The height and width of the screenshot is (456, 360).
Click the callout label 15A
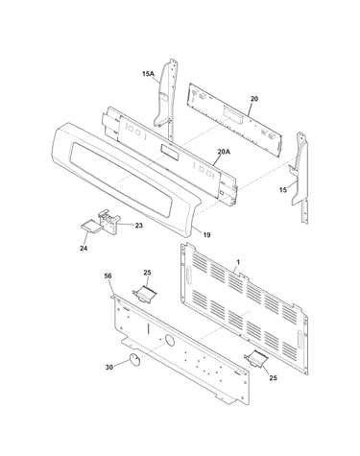(x=148, y=74)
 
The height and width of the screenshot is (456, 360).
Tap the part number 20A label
(x=224, y=152)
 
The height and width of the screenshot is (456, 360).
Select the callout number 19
(x=206, y=235)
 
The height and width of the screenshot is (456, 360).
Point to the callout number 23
(x=138, y=226)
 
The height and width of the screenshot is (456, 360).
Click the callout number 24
(x=84, y=248)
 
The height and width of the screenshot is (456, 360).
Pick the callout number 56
(x=108, y=276)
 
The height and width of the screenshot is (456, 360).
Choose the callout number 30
(x=109, y=368)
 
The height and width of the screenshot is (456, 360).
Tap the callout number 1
(x=238, y=262)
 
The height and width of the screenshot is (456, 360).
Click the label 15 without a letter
(x=283, y=190)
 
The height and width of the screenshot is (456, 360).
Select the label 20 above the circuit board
(x=254, y=99)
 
